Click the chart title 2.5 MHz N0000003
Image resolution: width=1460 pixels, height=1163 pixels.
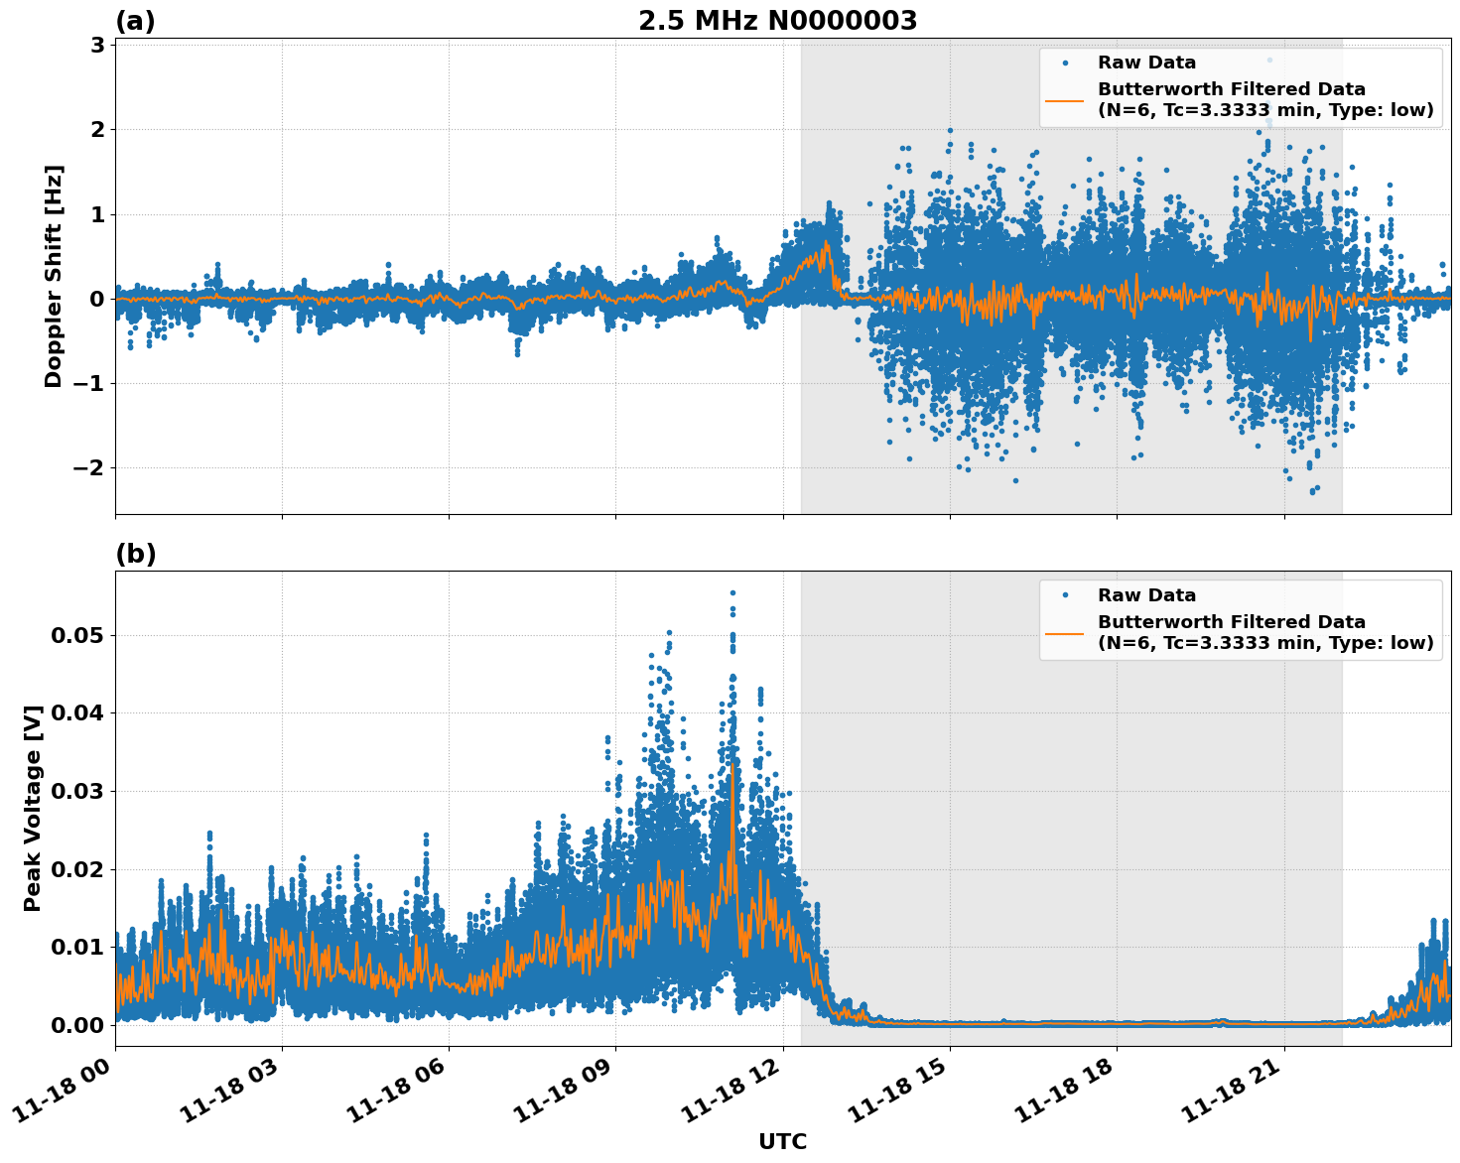tap(777, 21)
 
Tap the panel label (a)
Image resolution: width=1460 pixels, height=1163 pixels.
tap(135, 21)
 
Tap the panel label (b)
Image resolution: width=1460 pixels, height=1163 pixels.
tap(135, 554)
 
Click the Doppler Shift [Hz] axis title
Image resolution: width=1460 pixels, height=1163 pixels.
tap(54, 276)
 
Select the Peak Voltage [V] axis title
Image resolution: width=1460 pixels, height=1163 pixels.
tap(33, 808)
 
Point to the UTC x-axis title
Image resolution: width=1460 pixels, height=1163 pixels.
tap(782, 1141)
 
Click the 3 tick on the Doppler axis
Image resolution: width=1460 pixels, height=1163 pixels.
tap(97, 45)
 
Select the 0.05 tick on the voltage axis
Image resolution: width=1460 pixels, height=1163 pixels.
tap(76, 635)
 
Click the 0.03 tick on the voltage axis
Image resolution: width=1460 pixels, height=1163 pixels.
tap(76, 791)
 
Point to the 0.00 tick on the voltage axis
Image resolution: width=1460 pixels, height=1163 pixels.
tap(76, 1025)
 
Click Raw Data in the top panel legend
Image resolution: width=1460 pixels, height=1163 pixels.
tap(1146, 63)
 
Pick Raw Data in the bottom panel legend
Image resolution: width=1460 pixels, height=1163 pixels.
tap(1146, 595)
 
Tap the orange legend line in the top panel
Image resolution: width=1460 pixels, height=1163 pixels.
tap(1065, 100)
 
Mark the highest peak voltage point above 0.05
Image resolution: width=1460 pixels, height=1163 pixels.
tap(732, 592)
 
